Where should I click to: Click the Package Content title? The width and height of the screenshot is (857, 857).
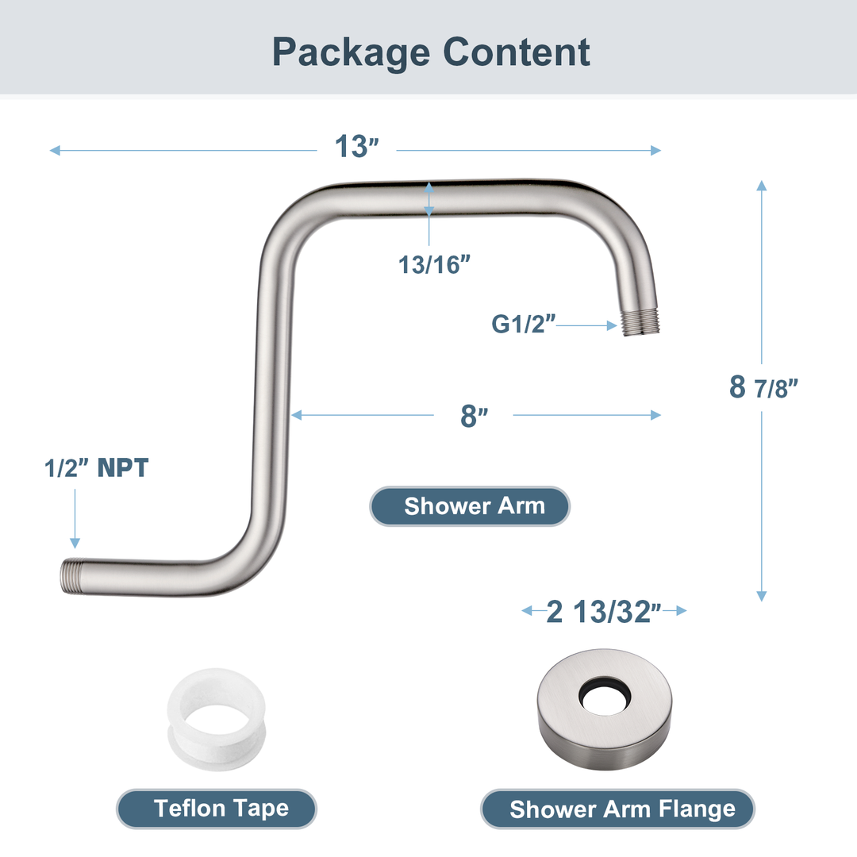pos(431,52)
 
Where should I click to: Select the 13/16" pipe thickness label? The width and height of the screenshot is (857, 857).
pos(429,264)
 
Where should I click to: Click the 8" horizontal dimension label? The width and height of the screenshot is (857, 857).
pos(474,415)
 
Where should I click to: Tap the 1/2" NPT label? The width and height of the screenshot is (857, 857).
pos(96,468)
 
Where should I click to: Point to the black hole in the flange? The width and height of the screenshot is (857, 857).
pos(605,693)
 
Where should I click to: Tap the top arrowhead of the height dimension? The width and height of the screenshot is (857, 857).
pos(762,186)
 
